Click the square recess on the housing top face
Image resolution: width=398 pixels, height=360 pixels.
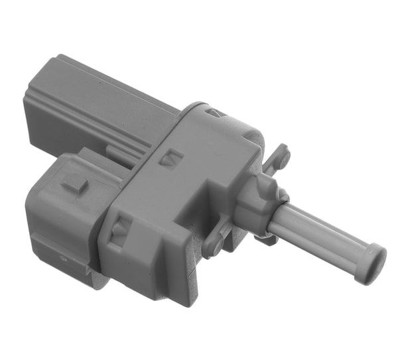[x=173, y=158]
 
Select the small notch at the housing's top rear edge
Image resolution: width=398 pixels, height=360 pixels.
[x=212, y=113]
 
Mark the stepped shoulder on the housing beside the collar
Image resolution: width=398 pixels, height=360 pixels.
[x=229, y=219]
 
